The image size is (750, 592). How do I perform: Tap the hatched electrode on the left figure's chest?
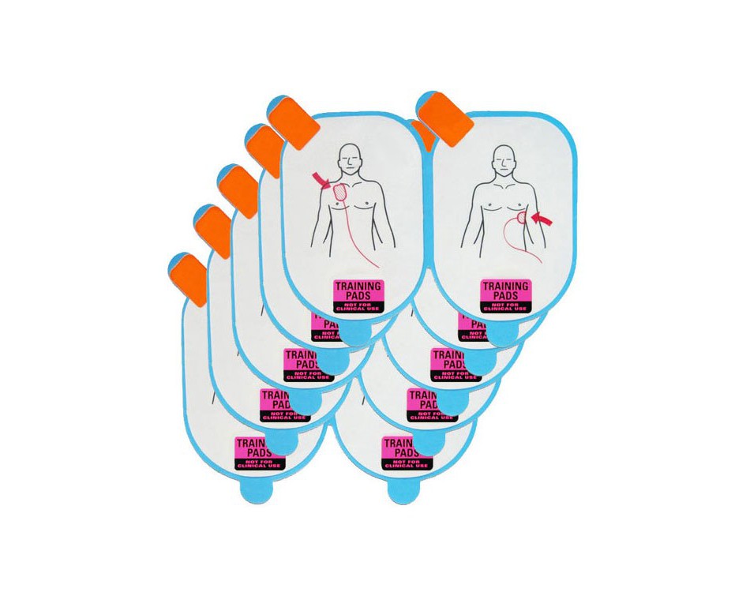pyautogui.click(x=341, y=192)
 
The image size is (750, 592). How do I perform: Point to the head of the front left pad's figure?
pyautogui.click(x=349, y=159)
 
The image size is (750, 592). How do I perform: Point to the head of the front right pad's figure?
pyautogui.click(x=501, y=159)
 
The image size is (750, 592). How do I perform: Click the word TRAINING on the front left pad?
pyautogui.click(x=358, y=286)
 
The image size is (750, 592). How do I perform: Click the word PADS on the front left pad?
pyautogui.click(x=358, y=298)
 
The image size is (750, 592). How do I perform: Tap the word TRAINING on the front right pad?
pyautogui.click(x=506, y=286)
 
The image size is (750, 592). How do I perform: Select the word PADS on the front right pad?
pyautogui.click(x=506, y=298)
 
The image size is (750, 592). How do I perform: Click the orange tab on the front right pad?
pyautogui.click(x=447, y=118)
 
